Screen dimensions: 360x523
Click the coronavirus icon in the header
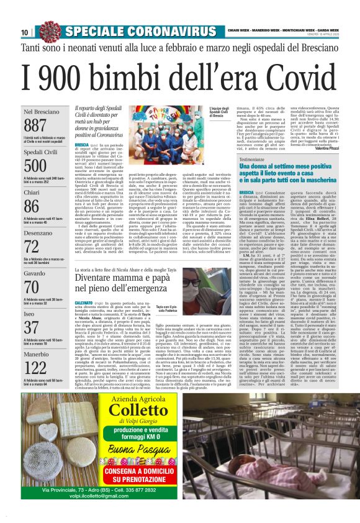50,30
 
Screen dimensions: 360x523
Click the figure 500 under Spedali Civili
35,166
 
